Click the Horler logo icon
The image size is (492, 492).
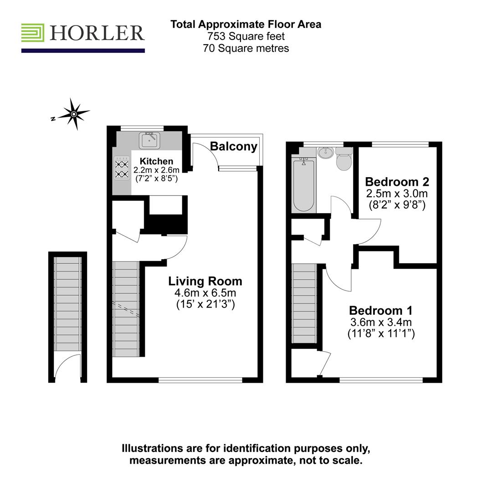pyautogui.click(x=33, y=33)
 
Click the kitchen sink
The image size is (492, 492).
pyautogui.click(x=150, y=140)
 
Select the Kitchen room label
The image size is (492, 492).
pyautogui.click(x=156, y=161)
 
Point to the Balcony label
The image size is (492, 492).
pyautogui.click(x=234, y=147)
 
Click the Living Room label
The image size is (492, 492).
pyautogui.click(x=205, y=281)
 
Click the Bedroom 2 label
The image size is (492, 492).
pyautogui.click(x=397, y=182)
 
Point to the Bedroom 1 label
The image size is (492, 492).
pyautogui.click(x=381, y=311)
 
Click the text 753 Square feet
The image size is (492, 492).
pyautogui.click(x=246, y=36)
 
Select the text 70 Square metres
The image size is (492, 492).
pyautogui.click(x=246, y=48)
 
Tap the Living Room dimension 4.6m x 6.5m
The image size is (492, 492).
pyautogui.click(x=205, y=293)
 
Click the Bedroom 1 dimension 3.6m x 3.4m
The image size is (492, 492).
pyautogui.click(x=381, y=323)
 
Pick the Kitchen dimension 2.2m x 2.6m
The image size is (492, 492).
pyautogui.click(x=156, y=170)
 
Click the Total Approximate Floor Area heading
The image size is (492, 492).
pyautogui.click(x=246, y=24)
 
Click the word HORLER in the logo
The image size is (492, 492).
pyautogui.click(x=97, y=33)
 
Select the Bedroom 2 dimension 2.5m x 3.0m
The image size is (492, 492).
pyautogui.click(x=397, y=194)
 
